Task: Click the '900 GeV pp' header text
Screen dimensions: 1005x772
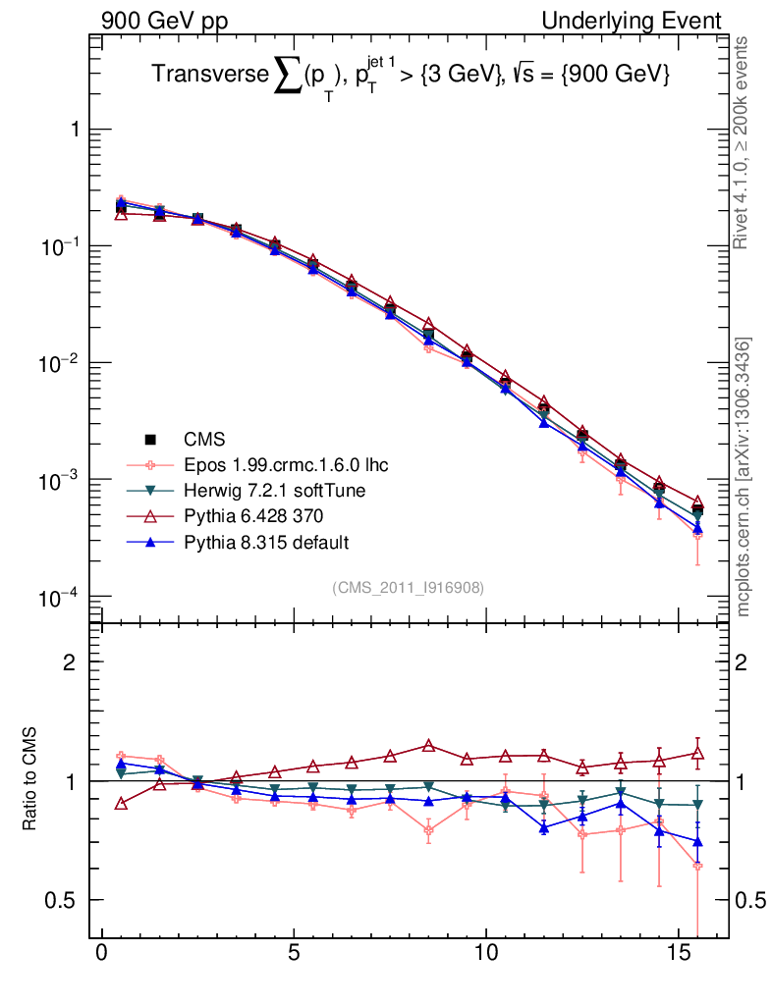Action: [163, 21]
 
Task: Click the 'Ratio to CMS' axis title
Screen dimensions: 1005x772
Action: [31, 779]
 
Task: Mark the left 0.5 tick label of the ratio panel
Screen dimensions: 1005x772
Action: [61, 900]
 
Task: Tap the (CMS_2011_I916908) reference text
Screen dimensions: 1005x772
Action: [408, 587]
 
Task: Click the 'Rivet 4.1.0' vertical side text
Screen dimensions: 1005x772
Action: [743, 142]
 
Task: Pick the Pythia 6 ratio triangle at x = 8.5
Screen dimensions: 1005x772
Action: [428, 746]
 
